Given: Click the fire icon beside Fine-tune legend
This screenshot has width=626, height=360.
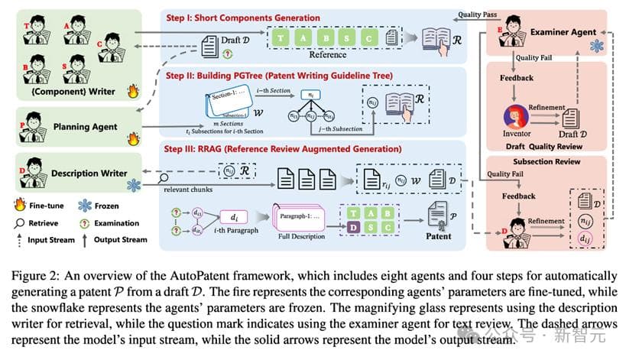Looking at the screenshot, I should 20,205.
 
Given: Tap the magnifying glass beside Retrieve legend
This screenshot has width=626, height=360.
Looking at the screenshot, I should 20,223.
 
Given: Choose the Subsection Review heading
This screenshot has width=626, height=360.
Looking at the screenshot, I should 546,162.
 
